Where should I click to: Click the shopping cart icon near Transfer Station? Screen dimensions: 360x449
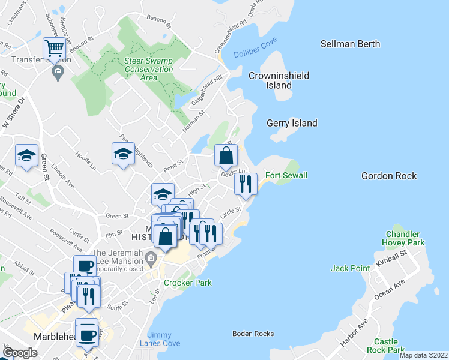(55, 48)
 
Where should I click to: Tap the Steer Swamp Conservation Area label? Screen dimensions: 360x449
(149, 69)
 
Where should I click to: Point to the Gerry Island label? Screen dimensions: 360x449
(292, 123)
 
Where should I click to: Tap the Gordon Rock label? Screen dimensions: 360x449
(389, 176)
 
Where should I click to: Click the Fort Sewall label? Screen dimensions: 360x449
(287, 175)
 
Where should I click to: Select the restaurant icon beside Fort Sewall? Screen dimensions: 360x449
(246, 184)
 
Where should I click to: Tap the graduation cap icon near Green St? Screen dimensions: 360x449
(26, 155)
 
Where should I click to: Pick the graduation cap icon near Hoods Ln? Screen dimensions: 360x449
(123, 154)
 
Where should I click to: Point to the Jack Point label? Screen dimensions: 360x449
(351, 268)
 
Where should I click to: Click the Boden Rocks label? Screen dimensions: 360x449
(253, 334)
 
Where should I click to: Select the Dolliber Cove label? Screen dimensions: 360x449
(256, 53)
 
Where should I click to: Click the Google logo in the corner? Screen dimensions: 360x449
(20, 353)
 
